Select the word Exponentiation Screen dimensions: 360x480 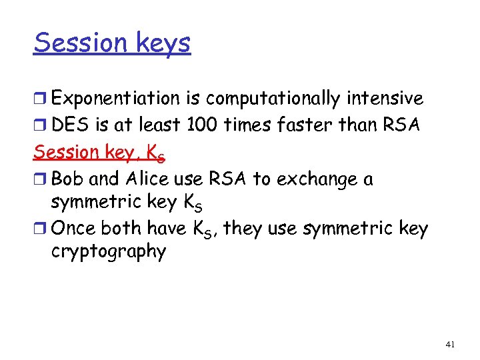pyautogui.click(x=116, y=99)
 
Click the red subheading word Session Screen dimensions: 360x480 pyautogui.click(x=65, y=152)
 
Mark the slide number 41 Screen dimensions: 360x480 pyautogui.click(x=450, y=345)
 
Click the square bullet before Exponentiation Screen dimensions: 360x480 pyautogui.click(x=41, y=99)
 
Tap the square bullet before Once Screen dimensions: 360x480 pyautogui.click(x=41, y=229)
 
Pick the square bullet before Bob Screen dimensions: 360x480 pyautogui.click(x=41, y=179)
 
